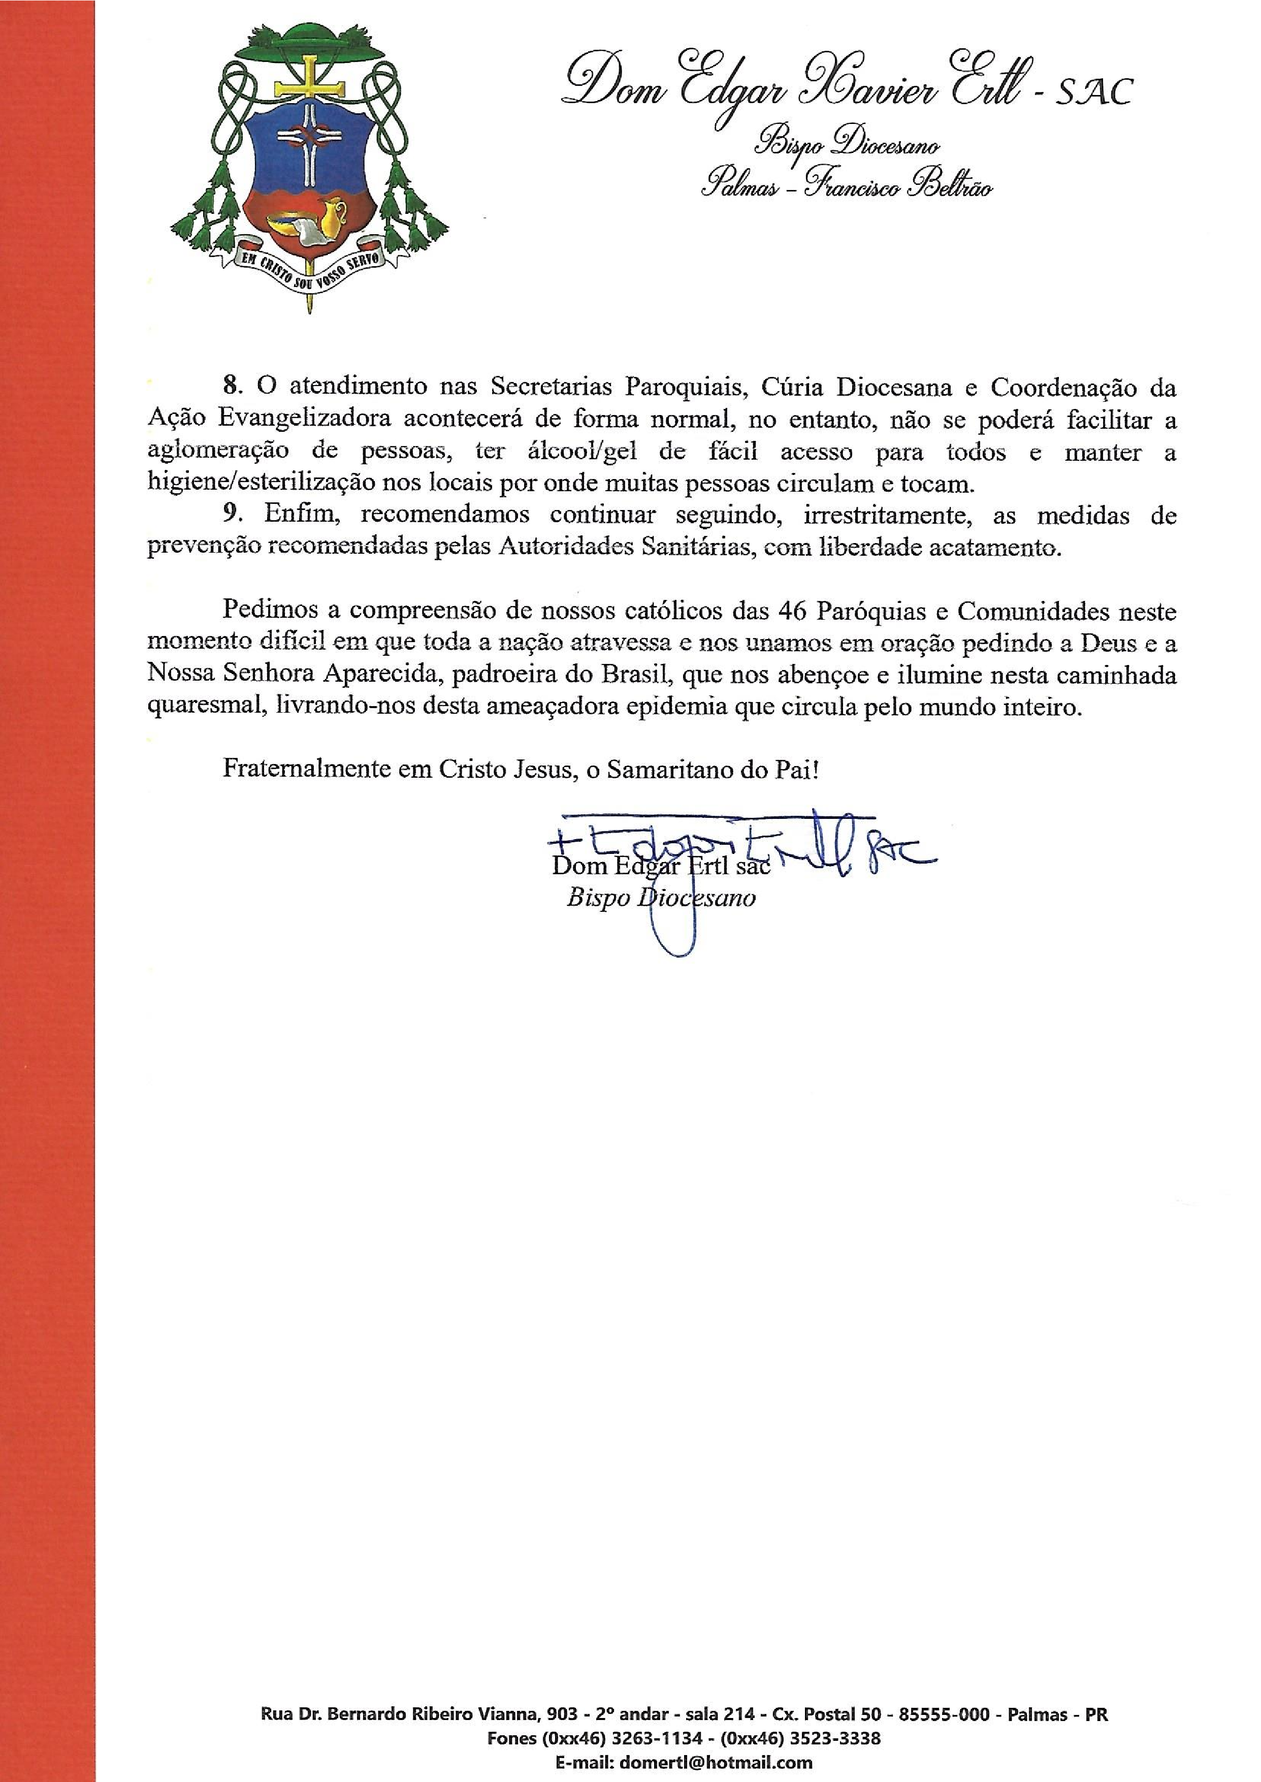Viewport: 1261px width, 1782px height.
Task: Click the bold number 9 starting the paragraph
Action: [x=229, y=515]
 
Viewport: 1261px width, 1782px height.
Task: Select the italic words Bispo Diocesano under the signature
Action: [x=660, y=899]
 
